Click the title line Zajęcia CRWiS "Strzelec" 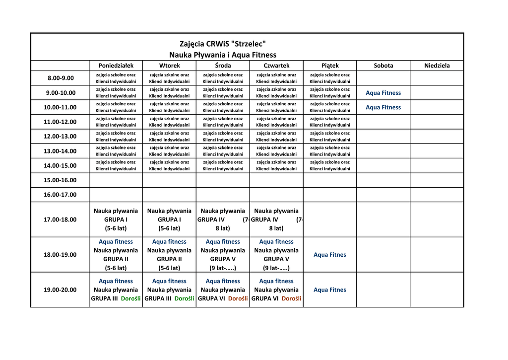pos(223,44)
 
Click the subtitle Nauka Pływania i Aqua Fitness pos(223,55)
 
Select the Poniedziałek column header pos(116,66)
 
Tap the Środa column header pos(223,66)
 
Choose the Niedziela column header pos(437,66)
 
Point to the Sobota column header pos(383,66)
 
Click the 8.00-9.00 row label pos(61,78)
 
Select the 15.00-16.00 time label pos(61,180)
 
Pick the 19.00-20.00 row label pos(61,290)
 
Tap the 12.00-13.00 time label pos(61,136)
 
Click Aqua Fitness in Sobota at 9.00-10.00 pos(383,93)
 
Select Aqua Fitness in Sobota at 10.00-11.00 pos(383,107)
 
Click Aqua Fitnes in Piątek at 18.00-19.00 pos(330,255)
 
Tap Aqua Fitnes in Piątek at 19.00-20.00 pos(330,290)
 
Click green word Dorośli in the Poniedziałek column pos(131,299)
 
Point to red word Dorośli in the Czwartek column pos(291,299)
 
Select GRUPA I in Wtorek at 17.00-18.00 pos(169,219)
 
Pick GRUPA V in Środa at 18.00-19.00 pos(223,259)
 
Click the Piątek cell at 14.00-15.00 pos(330,165)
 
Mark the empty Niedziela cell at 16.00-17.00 pos(437,195)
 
